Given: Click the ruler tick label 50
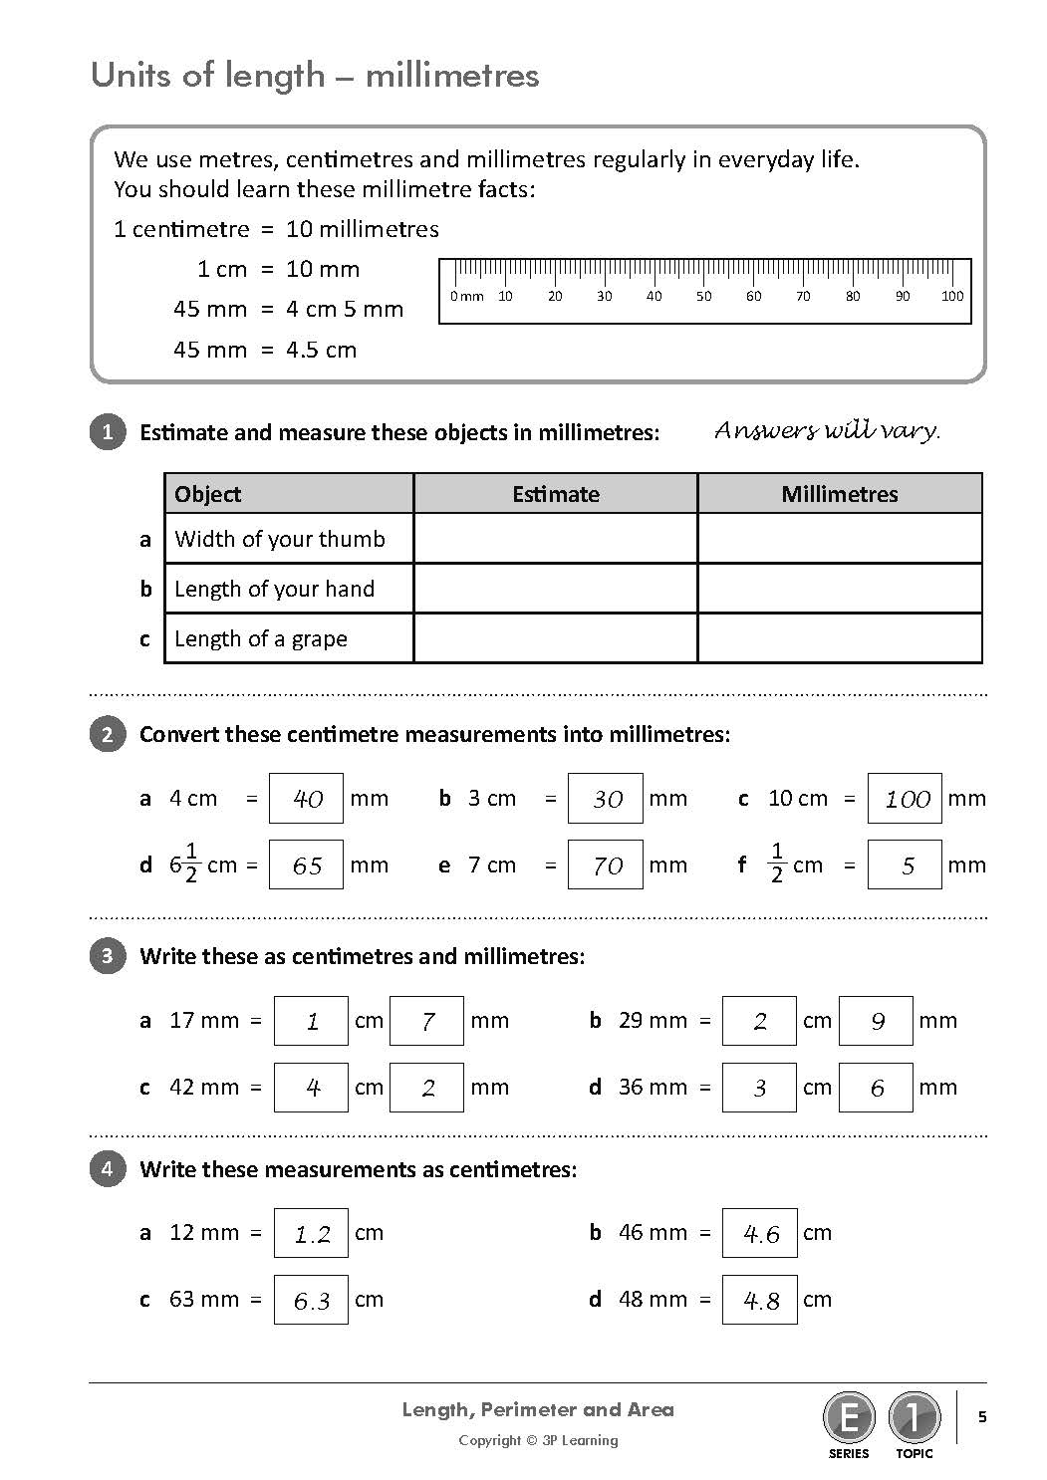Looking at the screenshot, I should coord(703,296).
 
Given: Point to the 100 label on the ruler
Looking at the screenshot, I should coord(952,296).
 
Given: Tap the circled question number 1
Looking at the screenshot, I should coord(108,432).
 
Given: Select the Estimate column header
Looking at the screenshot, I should coord(555,494).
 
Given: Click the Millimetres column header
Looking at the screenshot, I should coord(839,494).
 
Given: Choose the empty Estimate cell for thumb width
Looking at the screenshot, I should coord(555,539).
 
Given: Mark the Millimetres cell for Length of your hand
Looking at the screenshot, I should coord(839,589).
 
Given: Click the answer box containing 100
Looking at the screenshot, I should coord(905,799).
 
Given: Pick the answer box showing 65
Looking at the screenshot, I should coord(306,865).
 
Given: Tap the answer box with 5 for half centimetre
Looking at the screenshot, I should coord(905,865).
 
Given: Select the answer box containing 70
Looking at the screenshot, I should coord(605,865).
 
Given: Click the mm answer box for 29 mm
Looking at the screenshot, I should coord(876,1021).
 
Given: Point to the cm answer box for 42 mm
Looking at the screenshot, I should coord(311,1088).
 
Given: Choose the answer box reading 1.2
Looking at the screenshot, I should coord(311,1234).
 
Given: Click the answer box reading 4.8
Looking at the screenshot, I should coord(759,1301).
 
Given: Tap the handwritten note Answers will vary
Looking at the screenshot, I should coord(827,430).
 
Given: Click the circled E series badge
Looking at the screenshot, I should coord(849,1416).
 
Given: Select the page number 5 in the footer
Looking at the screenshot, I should coord(982,1417).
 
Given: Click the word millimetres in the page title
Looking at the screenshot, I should coord(452,76).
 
